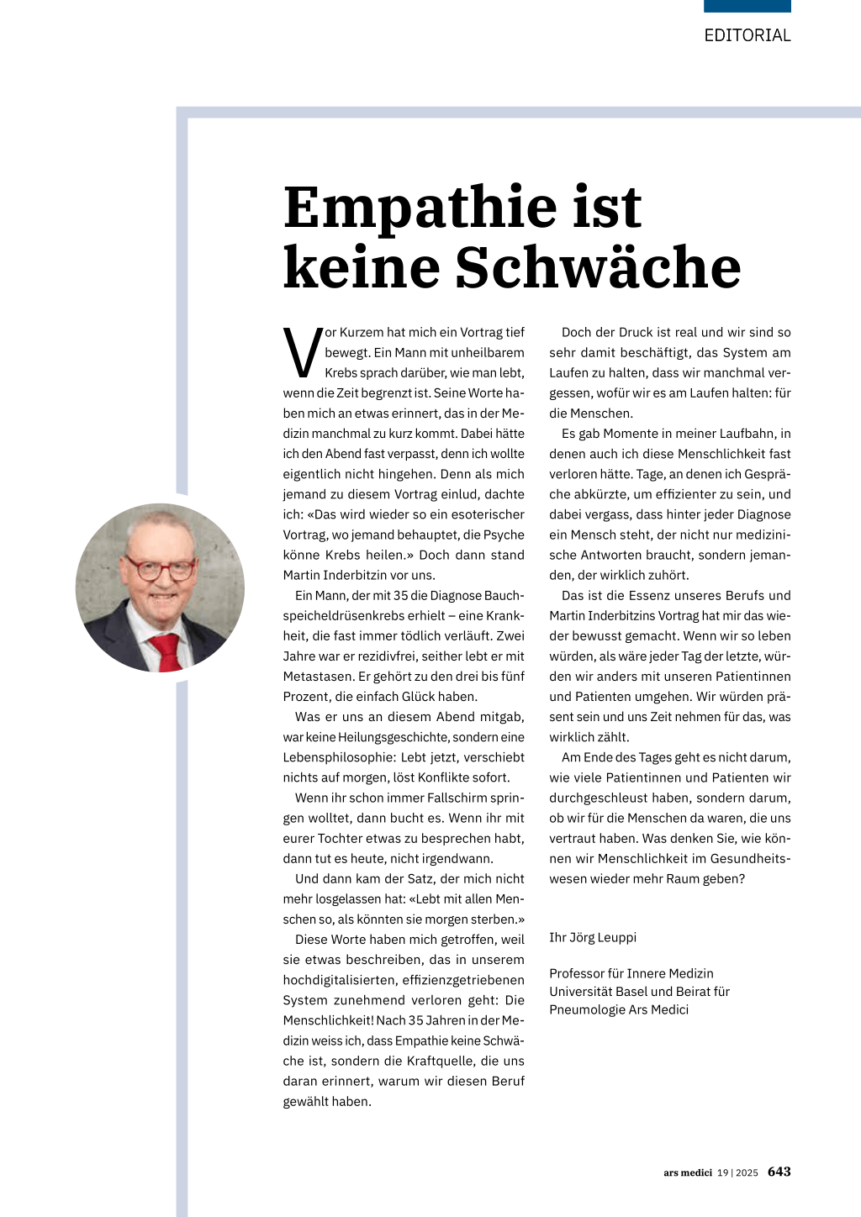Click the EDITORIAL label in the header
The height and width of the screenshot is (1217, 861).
point(747,35)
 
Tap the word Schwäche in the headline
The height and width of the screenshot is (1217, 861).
point(598,267)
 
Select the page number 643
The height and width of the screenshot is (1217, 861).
point(779,1172)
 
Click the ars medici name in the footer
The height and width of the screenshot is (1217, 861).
point(687,1172)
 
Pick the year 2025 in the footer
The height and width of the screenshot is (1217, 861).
point(747,1172)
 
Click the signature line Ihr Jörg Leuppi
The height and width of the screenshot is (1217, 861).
point(593,937)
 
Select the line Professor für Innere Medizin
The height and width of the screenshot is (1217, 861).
point(631,973)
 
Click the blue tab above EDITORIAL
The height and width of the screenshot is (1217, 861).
point(747,6)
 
